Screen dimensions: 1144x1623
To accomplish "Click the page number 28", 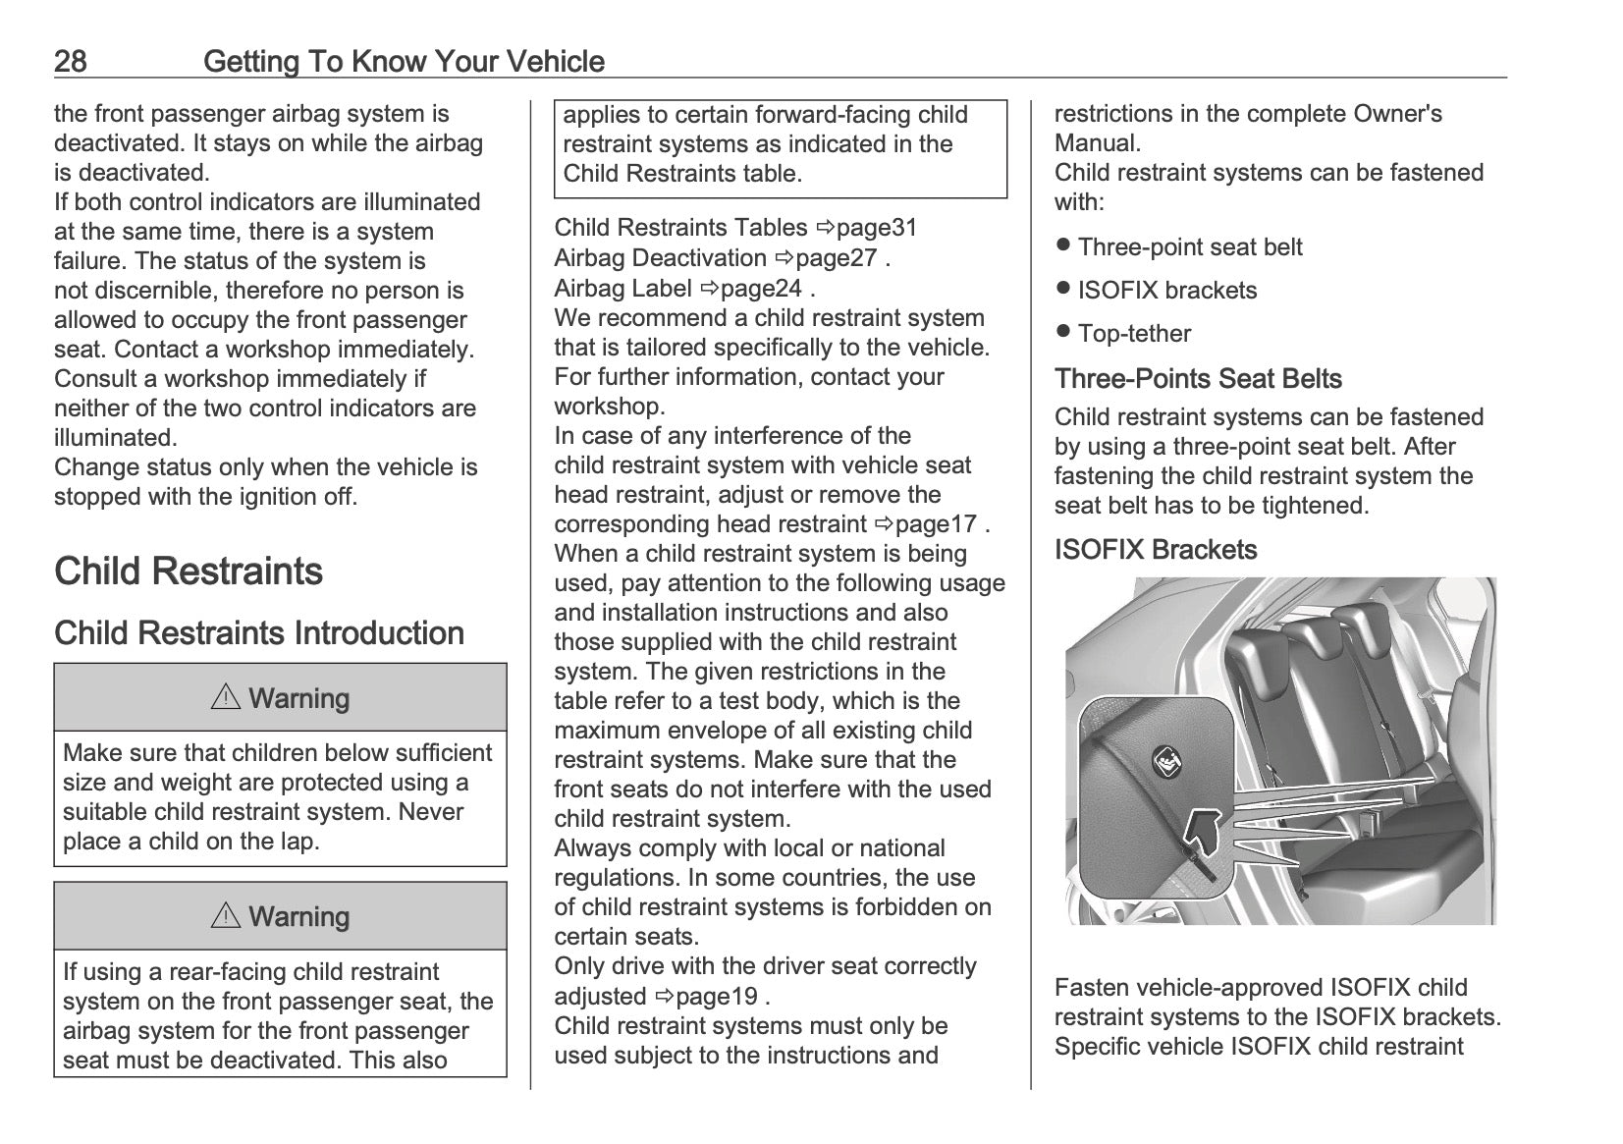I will coord(70,62).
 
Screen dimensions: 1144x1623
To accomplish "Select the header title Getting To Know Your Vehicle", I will coord(404,62).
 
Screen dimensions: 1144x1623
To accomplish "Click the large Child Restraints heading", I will coord(189,572).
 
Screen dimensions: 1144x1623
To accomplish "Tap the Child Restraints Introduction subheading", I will coord(259,633).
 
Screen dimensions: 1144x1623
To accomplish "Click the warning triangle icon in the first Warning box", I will coord(226,698).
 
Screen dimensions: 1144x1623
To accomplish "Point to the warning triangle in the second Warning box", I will coord(226,916).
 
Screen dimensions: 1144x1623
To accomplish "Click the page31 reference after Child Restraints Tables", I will coord(867,228).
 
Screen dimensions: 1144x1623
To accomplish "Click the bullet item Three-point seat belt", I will coord(1189,247).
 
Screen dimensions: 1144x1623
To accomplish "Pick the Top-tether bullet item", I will coord(1134,334).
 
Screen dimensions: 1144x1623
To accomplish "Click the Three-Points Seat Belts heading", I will coord(1198,379).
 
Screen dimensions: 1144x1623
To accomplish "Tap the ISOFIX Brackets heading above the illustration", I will coord(1156,550).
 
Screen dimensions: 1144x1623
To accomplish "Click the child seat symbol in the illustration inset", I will coord(1166,760).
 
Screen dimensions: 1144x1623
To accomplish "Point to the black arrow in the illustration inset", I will coord(1200,831).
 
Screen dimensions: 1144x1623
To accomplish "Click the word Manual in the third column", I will coord(1098,143).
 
